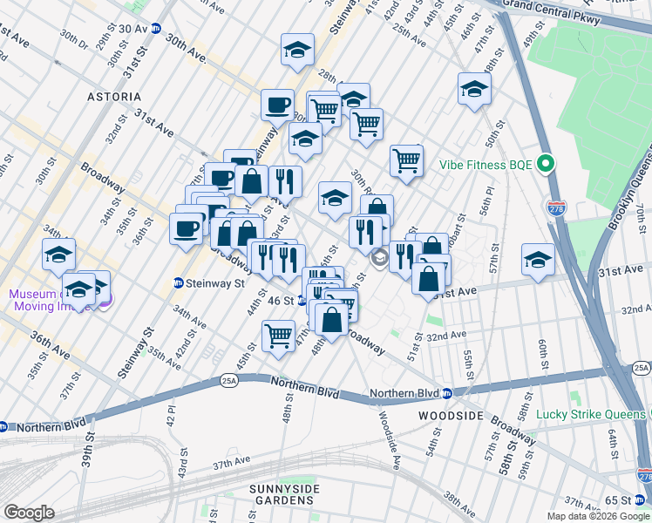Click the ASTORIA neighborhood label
[x=113, y=96]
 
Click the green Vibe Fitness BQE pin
[x=547, y=164]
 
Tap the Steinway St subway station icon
[x=179, y=283]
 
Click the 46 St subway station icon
[x=301, y=301]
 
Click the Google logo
[x=29, y=513]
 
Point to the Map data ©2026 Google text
[x=598, y=516]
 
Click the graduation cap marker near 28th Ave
[x=298, y=50]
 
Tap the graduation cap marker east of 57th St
[x=538, y=259]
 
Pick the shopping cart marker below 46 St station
[x=279, y=336]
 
